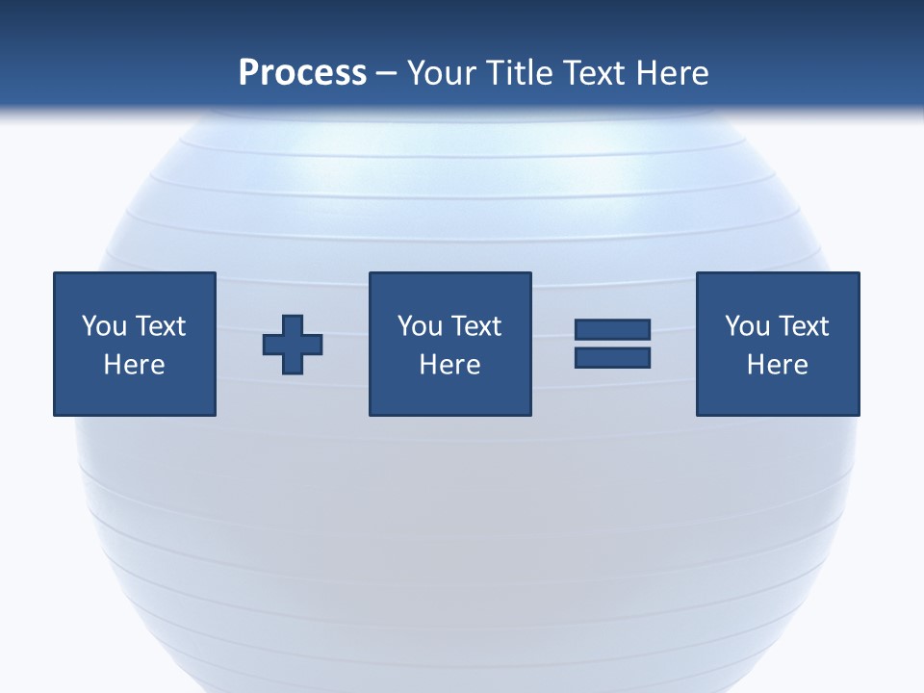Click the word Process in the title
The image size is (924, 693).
point(302,73)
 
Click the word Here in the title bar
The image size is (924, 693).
point(674,73)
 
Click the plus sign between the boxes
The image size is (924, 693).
point(293,345)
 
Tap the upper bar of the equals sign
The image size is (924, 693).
point(612,330)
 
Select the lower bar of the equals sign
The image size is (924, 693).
point(612,358)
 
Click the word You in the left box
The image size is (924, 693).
point(104,326)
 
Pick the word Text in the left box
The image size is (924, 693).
point(160,326)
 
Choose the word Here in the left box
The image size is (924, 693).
point(134,365)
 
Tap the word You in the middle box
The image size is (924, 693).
point(420,326)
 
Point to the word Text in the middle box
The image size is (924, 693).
point(475,326)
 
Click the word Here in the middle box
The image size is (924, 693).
point(449,365)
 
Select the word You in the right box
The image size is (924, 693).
point(747,326)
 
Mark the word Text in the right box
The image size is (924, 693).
point(803,326)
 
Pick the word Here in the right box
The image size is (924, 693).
point(777,365)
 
